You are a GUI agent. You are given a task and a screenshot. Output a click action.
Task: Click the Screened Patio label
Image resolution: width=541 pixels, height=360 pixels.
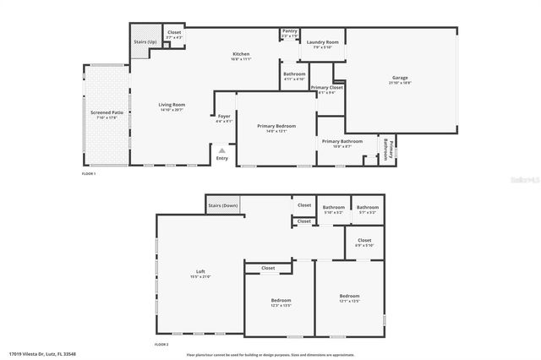107,112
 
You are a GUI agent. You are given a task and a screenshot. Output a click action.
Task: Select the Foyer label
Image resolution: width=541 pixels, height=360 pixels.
224,117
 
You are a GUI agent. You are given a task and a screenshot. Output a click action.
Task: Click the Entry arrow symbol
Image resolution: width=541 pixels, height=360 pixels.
222,150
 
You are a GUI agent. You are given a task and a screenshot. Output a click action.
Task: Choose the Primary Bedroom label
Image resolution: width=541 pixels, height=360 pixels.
276,126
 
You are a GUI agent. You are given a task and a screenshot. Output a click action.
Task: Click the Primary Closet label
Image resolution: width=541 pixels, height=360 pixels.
326,88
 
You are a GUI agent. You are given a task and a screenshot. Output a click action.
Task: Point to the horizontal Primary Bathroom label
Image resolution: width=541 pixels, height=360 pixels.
342,141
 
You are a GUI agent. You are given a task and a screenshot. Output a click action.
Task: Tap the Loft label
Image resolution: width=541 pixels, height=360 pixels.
201,272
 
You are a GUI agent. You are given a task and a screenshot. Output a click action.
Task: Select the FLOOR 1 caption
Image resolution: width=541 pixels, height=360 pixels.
89,173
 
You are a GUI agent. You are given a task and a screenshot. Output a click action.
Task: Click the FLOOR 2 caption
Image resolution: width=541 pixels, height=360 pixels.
161,345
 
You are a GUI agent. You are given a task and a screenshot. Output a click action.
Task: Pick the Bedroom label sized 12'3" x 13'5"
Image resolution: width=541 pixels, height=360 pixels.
281,301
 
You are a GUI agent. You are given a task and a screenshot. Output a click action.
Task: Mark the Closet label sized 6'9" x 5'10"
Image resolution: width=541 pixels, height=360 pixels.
364,241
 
